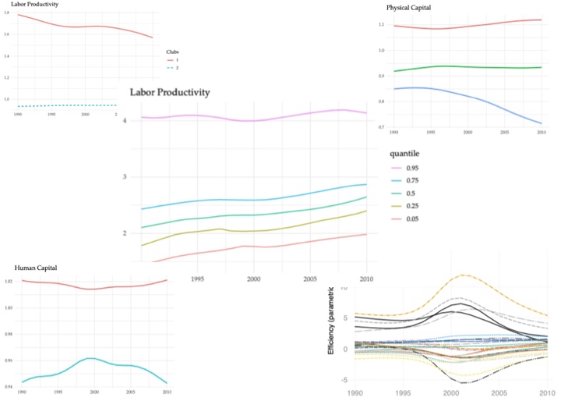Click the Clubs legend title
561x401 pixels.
point(179,52)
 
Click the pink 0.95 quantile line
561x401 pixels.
point(249,120)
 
